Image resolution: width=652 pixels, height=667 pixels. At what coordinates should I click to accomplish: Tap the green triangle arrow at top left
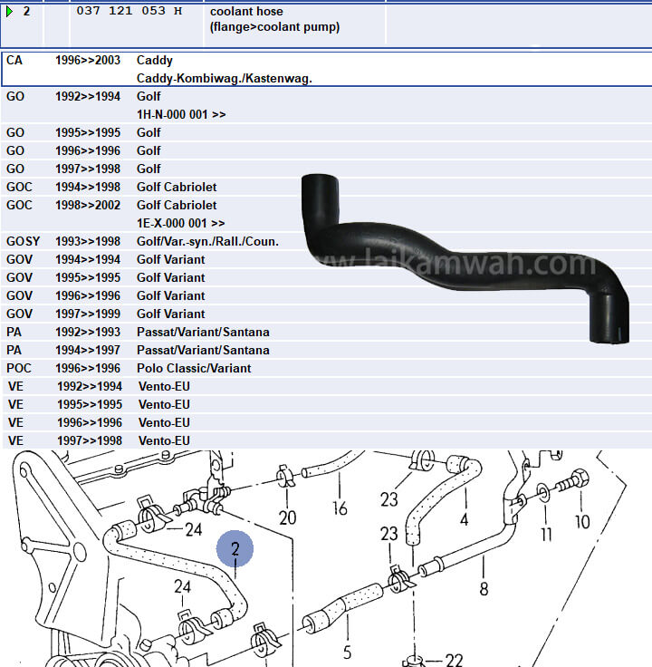coord(9,11)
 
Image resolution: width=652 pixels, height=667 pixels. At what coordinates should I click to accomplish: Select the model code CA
coord(14,61)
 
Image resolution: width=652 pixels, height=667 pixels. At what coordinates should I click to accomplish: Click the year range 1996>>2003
coord(88,61)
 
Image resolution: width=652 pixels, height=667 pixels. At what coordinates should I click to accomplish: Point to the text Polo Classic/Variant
coord(194,368)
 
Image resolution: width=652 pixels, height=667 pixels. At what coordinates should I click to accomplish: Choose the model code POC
coord(20,368)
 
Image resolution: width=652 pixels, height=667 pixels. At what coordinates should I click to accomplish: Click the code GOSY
coord(23,241)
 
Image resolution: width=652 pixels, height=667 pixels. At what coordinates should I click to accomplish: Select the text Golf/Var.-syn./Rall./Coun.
coord(207,241)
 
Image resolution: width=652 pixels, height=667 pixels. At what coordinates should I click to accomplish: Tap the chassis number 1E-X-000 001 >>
coord(181,223)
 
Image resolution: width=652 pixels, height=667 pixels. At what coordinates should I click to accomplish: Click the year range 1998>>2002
coord(88,205)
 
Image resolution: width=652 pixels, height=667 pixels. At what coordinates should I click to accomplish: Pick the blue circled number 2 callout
coord(235,549)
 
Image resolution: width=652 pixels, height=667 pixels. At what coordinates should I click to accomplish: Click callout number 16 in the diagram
coord(340,508)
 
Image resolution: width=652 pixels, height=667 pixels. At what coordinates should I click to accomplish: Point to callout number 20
coord(287,517)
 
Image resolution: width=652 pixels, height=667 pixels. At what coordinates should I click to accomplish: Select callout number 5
coord(348,652)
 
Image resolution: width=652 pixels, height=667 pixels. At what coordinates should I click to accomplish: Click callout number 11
coord(546,534)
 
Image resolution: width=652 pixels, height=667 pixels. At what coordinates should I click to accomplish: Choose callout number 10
coord(582,521)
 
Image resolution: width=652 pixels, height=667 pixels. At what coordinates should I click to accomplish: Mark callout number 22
coord(454,661)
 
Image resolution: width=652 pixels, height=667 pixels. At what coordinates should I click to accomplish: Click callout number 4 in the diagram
coord(464,519)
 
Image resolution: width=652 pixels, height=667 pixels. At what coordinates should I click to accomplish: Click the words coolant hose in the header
coord(246,11)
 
